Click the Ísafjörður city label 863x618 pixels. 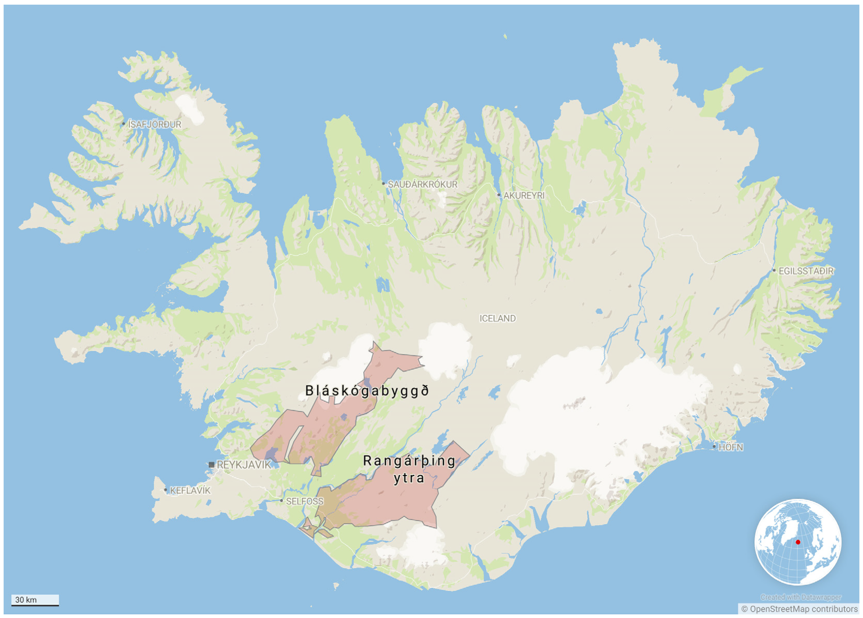(154, 124)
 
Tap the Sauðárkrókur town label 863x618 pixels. (422, 184)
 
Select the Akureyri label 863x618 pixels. (524, 195)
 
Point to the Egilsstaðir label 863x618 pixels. (806, 271)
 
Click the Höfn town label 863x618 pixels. (730, 447)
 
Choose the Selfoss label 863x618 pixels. (304, 501)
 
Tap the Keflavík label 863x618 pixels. (190, 491)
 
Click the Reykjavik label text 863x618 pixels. (243, 465)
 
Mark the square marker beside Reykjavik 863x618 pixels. (212, 465)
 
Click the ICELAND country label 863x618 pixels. (497, 318)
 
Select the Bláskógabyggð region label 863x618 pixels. (367, 390)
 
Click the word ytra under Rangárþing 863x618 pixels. (409, 478)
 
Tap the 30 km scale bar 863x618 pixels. (35, 600)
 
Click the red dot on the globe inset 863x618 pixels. (798, 542)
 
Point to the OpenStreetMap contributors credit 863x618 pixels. (799, 609)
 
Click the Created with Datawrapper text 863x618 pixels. (801, 597)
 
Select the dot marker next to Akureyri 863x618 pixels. (499, 195)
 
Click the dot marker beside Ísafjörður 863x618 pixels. (123, 124)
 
